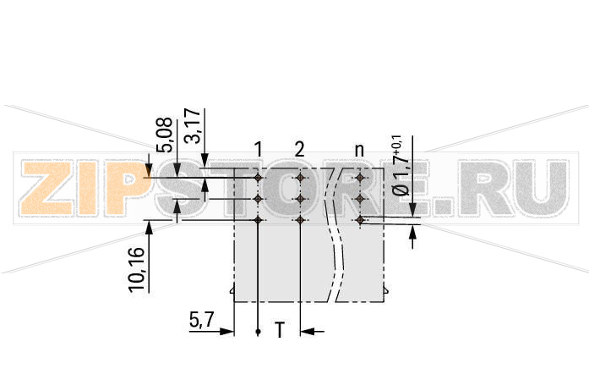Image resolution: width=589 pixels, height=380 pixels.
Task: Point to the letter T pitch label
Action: click(x=279, y=331)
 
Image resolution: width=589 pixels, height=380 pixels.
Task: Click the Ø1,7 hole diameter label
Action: click(x=400, y=165)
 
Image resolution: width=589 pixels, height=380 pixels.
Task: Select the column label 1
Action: click(x=258, y=150)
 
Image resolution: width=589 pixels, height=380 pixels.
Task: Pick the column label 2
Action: click(x=299, y=150)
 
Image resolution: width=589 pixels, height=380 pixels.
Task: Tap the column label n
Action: click(x=359, y=151)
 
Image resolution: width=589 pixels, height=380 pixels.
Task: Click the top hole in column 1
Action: click(x=258, y=179)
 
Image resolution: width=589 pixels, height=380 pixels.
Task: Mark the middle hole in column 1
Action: click(x=258, y=199)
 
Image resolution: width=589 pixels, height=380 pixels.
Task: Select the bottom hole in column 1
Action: click(x=258, y=220)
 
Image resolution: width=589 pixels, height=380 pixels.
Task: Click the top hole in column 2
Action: click(x=300, y=179)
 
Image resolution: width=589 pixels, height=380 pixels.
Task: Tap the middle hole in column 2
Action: click(x=300, y=199)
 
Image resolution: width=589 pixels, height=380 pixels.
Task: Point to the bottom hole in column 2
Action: click(x=300, y=220)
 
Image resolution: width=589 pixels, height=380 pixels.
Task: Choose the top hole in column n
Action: click(x=360, y=179)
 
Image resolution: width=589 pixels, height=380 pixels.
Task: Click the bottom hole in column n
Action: click(x=360, y=220)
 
